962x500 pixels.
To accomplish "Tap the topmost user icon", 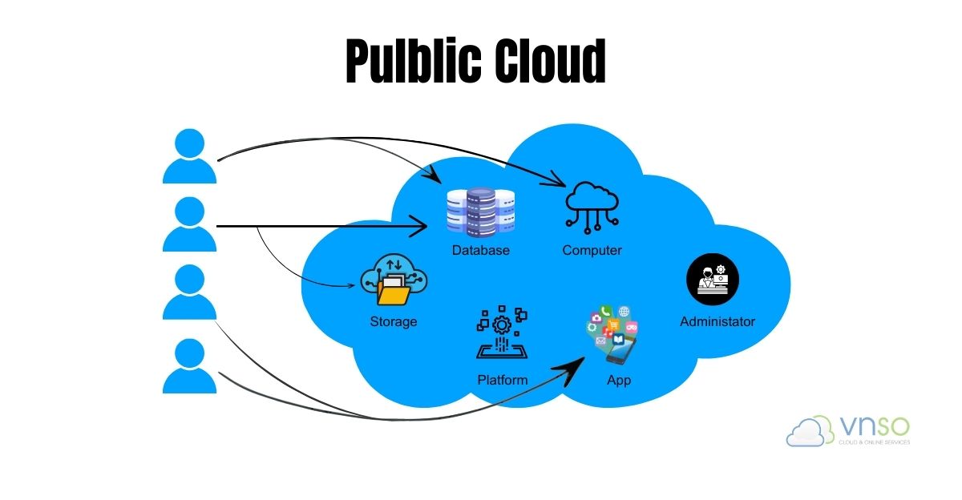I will pyautogui.click(x=190, y=156).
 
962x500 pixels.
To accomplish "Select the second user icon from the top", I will pyautogui.click(x=190, y=225).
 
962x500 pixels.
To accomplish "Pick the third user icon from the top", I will pyautogui.click(x=190, y=293).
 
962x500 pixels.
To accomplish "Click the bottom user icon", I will pyautogui.click(x=190, y=365).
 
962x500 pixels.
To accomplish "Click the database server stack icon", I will pyautogui.click(x=480, y=212).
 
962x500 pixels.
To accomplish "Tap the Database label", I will pyautogui.click(x=480, y=251).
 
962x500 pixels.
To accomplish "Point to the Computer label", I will pyautogui.click(x=592, y=251).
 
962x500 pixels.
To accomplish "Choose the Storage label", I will pyautogui.click(x=394, y=322).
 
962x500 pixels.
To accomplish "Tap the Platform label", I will pyautogui.click(x=503, y=380).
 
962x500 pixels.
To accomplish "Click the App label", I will pyautogui.click(x=619, y=380).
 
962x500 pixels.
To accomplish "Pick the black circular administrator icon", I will pyautogui.click(x=713, y=280).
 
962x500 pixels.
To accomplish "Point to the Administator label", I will pyautogui.click(x=717, y=322).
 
